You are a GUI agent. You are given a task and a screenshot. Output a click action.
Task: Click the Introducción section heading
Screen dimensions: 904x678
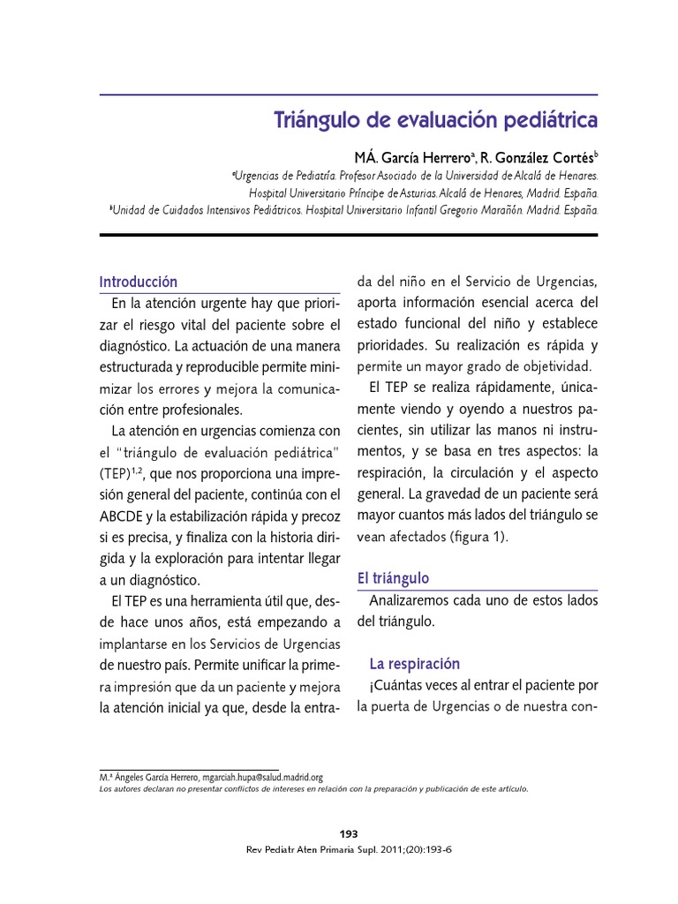tap(139, 282)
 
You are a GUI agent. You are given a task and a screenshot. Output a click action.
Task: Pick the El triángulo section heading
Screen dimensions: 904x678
tap(393, 578)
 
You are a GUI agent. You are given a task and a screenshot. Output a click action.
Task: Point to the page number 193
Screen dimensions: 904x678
tap(349, 834)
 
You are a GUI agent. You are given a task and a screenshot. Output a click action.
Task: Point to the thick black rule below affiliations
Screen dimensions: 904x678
tap(349, 235)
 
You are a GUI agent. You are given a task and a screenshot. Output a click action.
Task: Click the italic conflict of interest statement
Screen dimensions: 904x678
tap(313, 789)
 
